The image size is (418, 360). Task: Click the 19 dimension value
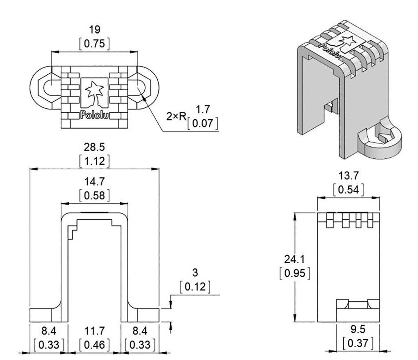click(94, 30)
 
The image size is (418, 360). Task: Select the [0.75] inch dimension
click(94, 44)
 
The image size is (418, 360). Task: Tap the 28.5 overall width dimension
click(94, 147)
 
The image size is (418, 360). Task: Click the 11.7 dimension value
click(94, 330)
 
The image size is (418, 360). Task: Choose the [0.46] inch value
click(94, 344)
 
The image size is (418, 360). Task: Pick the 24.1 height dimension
click(296, 259)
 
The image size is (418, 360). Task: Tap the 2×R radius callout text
click(176, 117)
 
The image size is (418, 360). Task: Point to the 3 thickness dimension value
click(196, 273)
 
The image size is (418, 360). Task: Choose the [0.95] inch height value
click(296, 273)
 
